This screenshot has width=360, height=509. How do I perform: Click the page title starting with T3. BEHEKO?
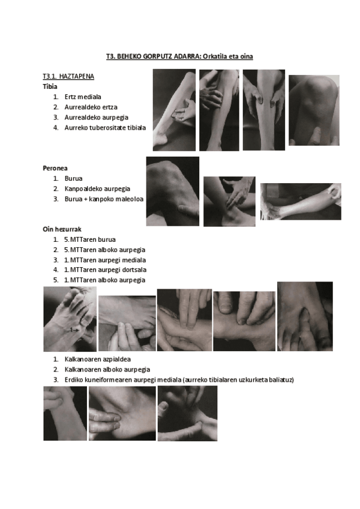point(179,56)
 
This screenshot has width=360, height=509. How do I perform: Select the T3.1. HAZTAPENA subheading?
point(68,76)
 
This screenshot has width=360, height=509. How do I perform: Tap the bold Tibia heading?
point(50,86)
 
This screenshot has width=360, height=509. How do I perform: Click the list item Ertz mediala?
point(83,97)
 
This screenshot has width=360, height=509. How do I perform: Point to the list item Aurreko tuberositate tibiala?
point(105,128)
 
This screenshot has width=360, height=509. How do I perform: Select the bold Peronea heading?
point(55,168)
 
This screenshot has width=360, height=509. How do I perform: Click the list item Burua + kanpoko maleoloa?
point(104,199)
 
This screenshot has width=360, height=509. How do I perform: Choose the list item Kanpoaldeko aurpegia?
point(97,188)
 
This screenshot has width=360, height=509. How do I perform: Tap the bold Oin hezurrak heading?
point(62,229)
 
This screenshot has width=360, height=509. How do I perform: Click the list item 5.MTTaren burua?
point(90,239)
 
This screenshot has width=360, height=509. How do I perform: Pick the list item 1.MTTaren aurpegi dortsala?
point(105,270)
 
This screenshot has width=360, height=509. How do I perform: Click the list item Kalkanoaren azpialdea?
point(98,359)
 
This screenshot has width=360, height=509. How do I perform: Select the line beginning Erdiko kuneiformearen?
point(179,379)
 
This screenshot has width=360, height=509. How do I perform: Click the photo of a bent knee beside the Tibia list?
point(314,110)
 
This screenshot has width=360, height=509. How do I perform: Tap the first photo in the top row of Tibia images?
point(175,110)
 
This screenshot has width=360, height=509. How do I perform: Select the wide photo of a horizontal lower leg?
point(301,202)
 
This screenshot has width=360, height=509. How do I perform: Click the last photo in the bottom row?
point(187,413)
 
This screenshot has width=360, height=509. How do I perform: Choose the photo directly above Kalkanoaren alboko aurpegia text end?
point(127,324)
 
